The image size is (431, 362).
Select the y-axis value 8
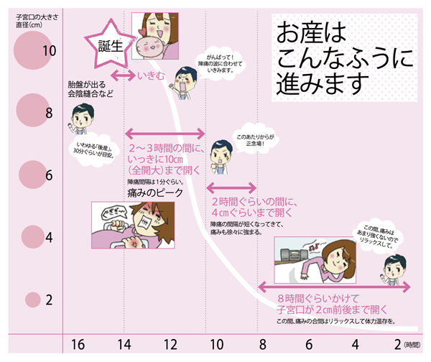click(x=49, y=113)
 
